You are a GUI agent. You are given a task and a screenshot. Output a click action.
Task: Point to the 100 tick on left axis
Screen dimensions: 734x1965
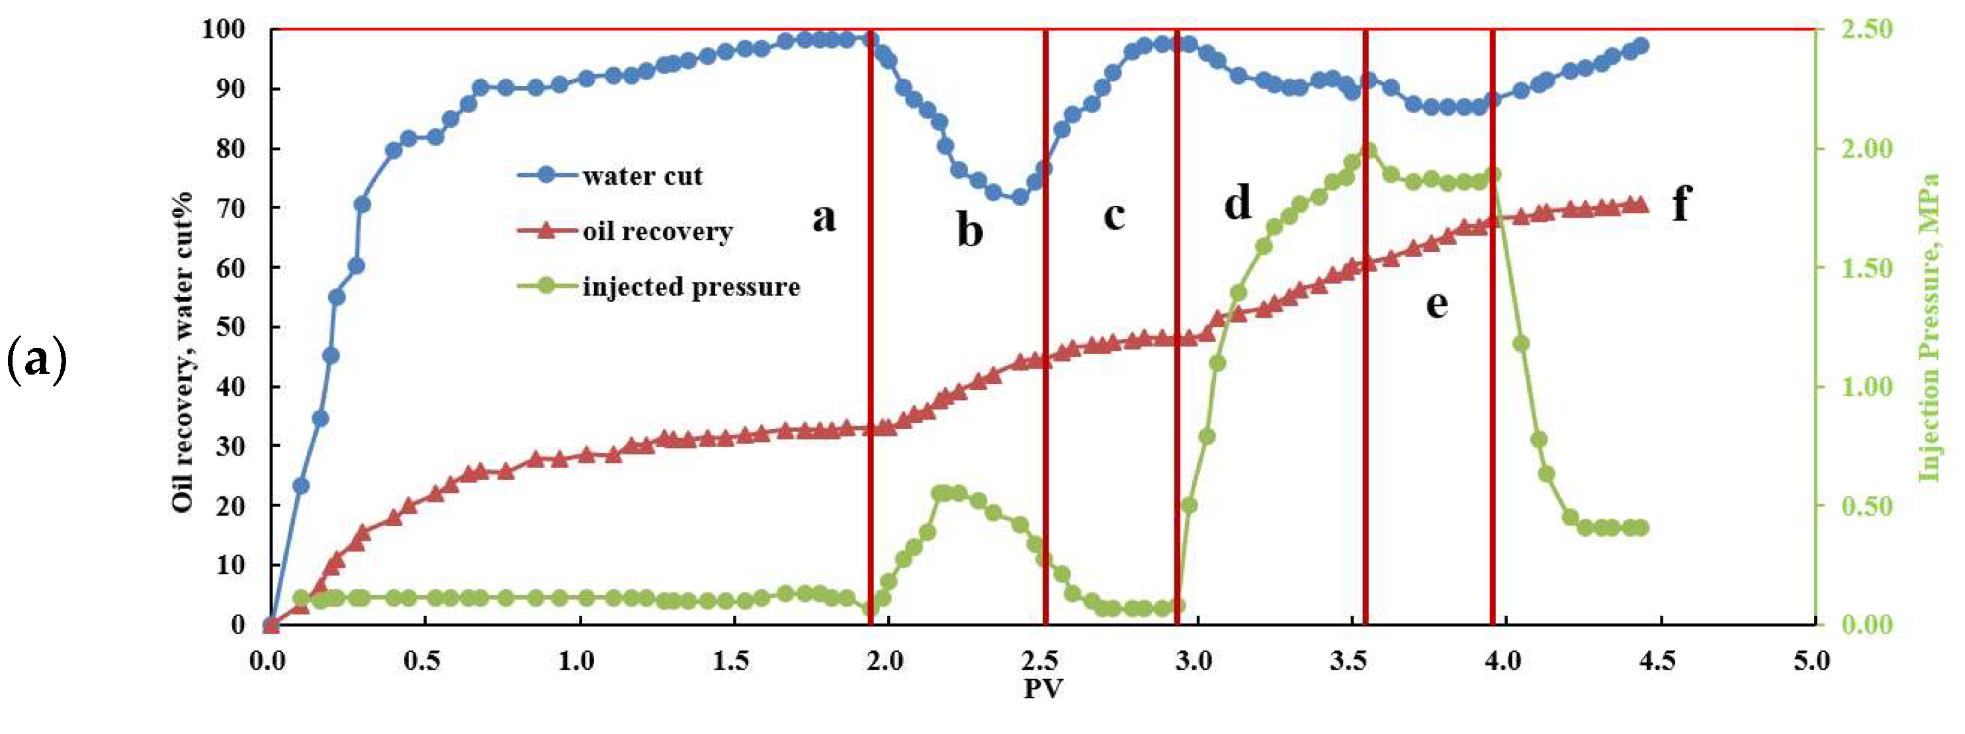tap(223, 29)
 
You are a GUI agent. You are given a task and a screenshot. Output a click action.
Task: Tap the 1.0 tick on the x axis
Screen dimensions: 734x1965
tap(577, 660)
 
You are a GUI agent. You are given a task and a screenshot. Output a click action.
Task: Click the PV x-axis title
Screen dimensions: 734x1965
tap(1043, 688)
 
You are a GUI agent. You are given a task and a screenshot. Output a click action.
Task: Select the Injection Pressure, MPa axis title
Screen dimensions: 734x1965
tap(1929, 328)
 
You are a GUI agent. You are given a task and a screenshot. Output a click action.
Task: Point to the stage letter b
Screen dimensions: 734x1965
tap(969, 230)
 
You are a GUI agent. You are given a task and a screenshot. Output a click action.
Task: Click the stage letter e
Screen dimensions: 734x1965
tap(1436, 304)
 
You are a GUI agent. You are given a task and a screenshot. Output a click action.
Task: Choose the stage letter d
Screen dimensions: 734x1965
tap(1237, 203)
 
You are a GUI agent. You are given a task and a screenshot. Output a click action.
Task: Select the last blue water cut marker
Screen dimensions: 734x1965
tap(1641, 46)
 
